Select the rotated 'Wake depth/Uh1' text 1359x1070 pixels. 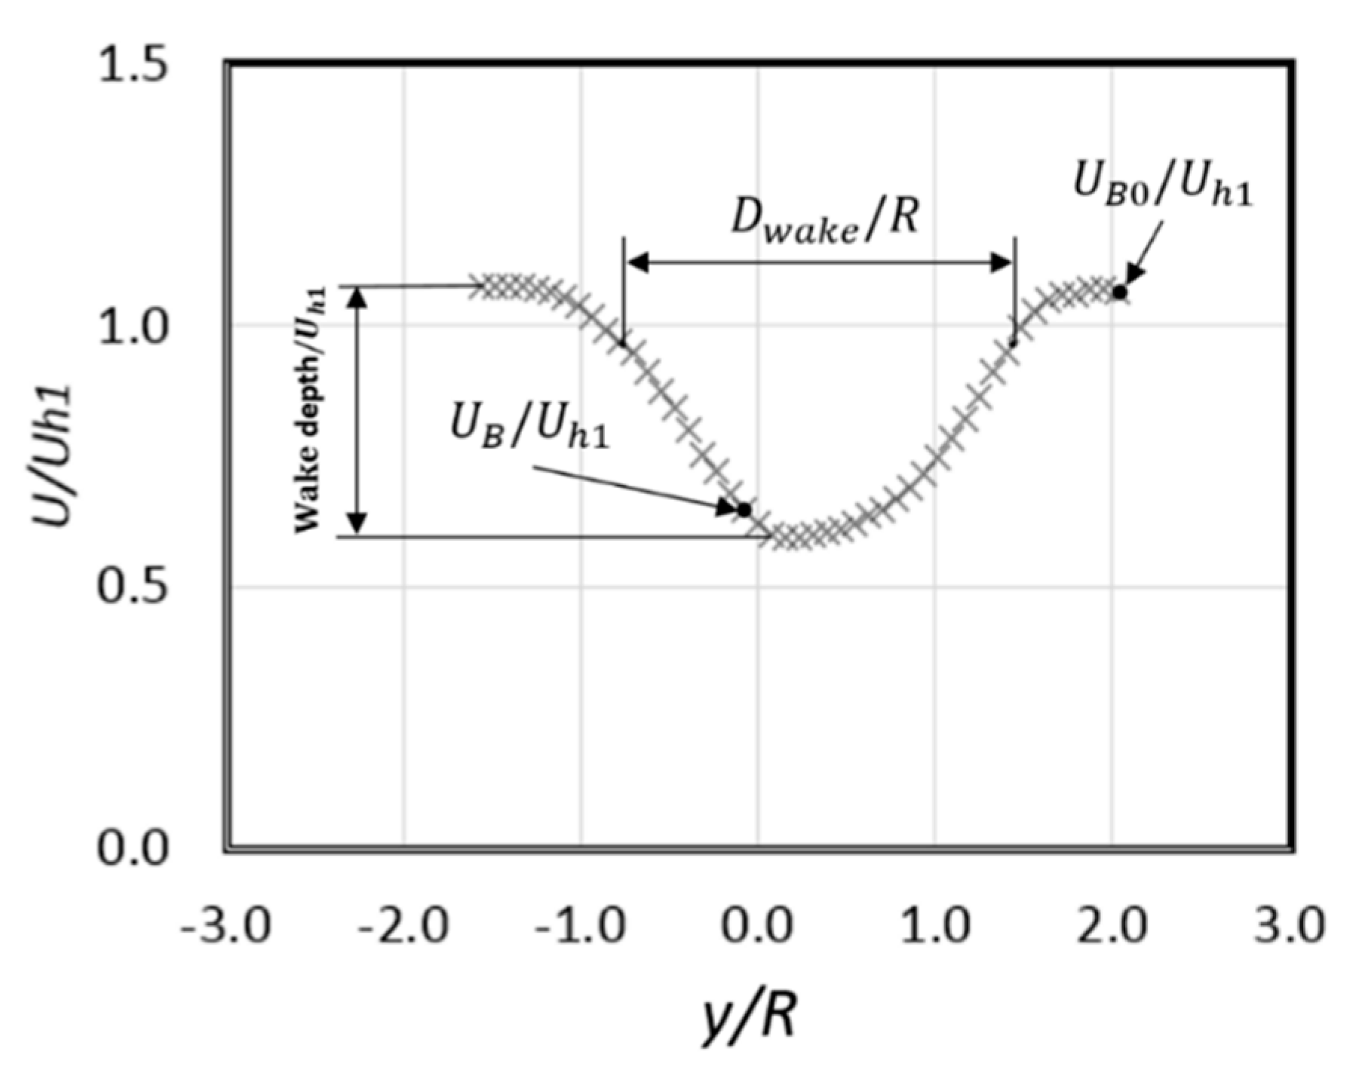[309, 411]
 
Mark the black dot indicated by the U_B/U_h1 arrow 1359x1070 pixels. [744, 510]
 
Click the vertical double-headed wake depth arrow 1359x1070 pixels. [358, 411]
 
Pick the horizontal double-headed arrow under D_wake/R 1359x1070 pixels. [819, 262]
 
